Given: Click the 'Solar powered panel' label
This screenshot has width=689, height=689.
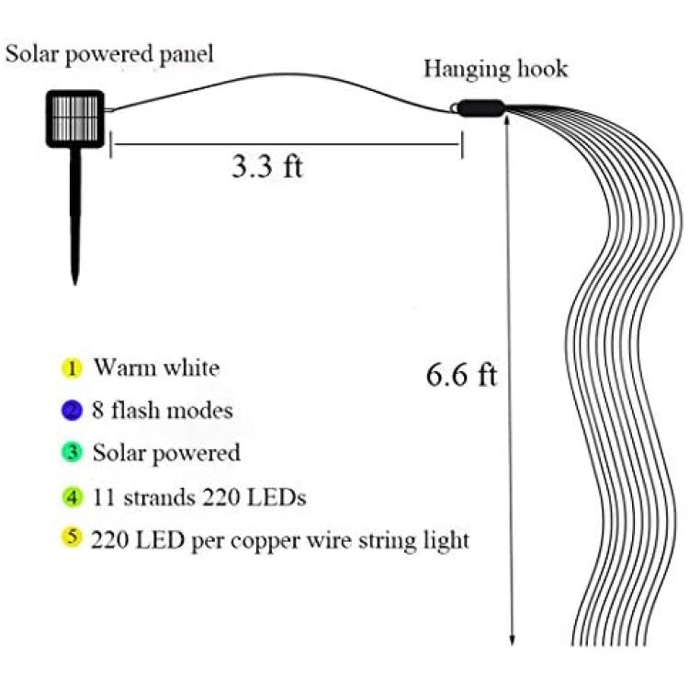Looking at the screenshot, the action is (109, 55).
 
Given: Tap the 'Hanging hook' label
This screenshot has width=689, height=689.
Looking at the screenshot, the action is (496, 70).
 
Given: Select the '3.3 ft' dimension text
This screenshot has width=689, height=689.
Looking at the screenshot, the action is (267, 167).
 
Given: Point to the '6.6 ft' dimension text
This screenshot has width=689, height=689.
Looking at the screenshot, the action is (461, 376).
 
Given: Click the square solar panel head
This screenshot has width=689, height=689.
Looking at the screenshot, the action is (75, 119).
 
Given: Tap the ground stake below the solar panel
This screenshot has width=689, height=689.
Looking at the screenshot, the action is (75, 216).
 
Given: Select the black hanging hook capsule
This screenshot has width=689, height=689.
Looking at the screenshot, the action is (480, 108).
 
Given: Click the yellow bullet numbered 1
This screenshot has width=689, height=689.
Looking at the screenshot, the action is (72, 368).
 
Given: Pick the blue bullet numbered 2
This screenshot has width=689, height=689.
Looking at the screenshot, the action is (72, 411).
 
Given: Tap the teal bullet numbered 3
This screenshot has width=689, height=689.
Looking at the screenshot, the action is (72, 453).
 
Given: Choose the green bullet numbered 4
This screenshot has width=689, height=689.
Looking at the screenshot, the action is (72, 498).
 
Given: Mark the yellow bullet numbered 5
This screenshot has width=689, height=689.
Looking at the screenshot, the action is (72, 537).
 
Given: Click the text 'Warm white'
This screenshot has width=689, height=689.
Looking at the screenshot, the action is (157, 367).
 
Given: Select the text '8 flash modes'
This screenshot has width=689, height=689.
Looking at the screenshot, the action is (162, 411).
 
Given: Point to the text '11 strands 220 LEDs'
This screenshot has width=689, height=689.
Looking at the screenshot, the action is (199, 498).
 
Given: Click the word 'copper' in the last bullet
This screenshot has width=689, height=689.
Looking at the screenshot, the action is (265, 541).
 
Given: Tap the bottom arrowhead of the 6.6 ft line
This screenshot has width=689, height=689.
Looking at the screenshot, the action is (512, 640).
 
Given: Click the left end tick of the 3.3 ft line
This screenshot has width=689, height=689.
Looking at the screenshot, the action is (111, 144).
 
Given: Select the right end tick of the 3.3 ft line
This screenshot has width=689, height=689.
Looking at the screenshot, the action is (462, 144).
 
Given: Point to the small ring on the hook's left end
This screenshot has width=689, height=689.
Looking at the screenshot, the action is (454, 107).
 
